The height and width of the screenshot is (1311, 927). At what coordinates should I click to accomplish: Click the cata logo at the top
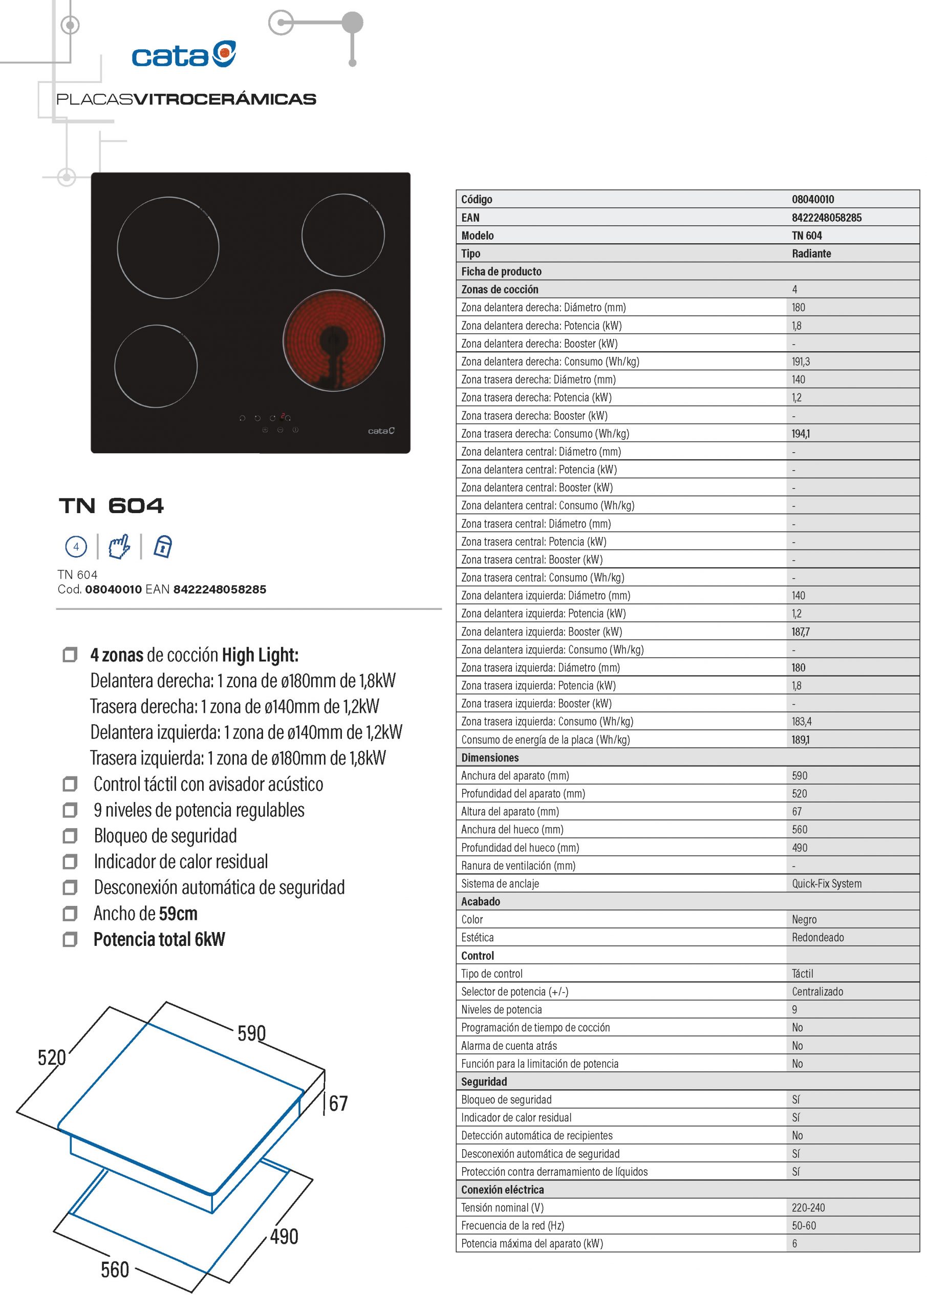[x=184, y=55]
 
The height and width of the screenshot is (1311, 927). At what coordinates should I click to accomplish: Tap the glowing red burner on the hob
[x=333, y=341]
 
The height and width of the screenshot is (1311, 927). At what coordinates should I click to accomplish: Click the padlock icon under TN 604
[x=163, y=546]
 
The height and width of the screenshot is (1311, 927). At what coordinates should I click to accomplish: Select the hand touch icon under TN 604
[x=119, y=546]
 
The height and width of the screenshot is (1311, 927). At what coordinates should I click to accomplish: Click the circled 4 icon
[x=76, y=546]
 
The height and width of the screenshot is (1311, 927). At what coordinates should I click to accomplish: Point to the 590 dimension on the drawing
[x=252, y=1033]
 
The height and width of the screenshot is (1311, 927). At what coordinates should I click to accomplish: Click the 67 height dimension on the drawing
[x=338, y=1103]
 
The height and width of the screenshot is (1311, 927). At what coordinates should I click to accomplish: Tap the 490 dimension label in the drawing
[x=284, y=1236]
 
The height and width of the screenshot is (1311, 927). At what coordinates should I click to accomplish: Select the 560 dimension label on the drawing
[x=115, y=1270]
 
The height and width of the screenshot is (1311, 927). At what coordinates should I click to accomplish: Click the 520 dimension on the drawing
[x=52, y=1058]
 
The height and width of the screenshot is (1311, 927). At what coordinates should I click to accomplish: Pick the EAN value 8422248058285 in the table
[x=827, y=218]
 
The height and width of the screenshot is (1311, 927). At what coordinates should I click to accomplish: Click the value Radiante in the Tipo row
[x=811, y=253]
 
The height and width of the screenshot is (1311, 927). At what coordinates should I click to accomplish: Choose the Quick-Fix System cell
[x=827, y=883]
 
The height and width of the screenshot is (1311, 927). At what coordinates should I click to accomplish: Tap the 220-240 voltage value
[x=808, y=1208]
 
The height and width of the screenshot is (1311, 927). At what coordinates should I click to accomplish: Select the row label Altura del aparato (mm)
[x=510, y=811]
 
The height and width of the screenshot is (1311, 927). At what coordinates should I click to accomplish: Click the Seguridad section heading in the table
[x=484, y=1082]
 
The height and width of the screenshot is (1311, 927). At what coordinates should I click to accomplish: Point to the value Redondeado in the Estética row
[x=817, y=937]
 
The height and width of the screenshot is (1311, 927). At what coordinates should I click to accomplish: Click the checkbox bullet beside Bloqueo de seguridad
[x=70, y=836]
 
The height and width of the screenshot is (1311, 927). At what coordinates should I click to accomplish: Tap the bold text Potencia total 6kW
[x=159, y=939]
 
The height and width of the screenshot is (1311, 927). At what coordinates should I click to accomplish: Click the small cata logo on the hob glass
[x=381, y=431]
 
